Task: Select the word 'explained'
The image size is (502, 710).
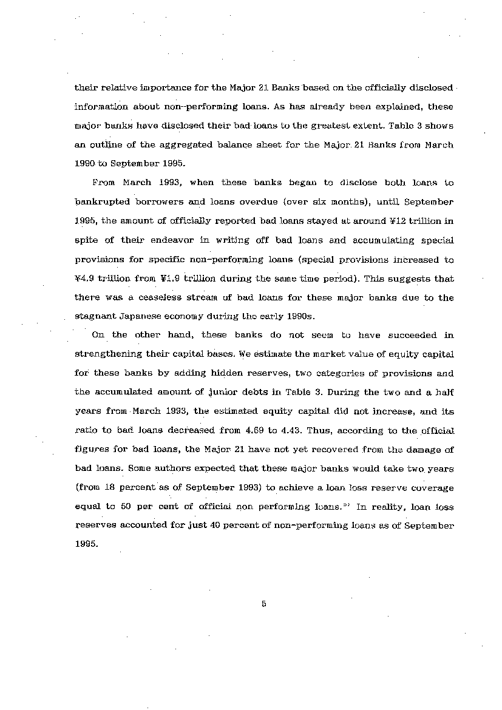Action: point(395,106)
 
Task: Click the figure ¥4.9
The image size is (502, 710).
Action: point(86,279)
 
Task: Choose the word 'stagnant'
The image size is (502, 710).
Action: point(96,316)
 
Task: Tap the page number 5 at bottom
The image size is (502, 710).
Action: point(263,603)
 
